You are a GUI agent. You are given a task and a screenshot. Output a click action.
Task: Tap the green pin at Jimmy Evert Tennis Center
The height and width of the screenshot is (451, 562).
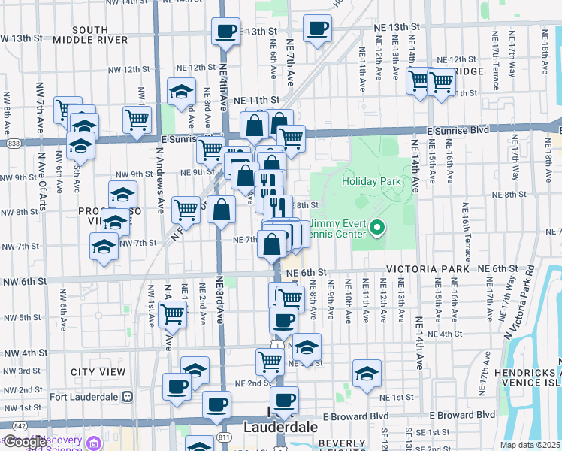tap(379, 226)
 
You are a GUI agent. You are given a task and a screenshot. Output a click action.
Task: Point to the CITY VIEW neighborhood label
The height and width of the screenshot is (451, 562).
tap(98, 372)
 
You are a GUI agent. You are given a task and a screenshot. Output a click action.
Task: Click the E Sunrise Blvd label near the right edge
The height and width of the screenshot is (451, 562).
tap(458, 130)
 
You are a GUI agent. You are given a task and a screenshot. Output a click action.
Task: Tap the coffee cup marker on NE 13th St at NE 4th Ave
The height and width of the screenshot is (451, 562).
tap(225, 32)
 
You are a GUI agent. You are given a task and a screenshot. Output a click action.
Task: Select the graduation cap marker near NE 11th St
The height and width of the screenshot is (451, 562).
tap(181, 92)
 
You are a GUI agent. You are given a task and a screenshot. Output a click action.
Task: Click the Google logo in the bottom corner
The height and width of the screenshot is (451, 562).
tap(25, 442)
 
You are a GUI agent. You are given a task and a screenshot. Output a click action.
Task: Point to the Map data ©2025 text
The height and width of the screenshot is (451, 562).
tap(530, 445)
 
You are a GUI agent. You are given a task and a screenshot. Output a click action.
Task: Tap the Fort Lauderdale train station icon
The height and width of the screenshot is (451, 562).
tap(127, 396)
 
